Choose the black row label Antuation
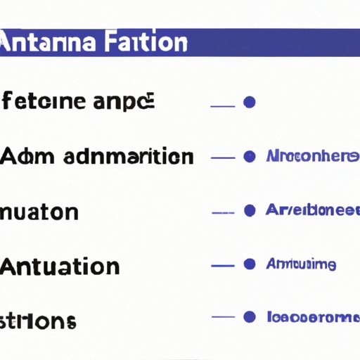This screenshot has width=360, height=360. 60,266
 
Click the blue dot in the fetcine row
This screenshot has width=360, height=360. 248,103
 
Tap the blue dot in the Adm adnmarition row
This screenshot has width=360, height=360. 248,156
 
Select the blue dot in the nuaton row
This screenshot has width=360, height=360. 248,210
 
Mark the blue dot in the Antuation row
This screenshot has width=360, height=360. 248,265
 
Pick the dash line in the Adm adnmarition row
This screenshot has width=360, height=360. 222,157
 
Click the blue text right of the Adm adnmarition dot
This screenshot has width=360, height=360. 312,156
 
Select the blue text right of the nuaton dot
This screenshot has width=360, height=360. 312,210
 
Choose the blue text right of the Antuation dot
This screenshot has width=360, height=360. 301,265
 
